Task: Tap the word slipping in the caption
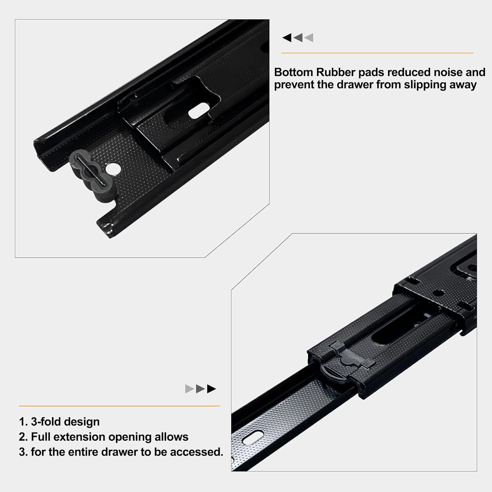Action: coord(425,85)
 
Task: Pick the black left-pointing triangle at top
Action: coord(287,38)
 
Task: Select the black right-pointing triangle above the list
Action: coord(212,389)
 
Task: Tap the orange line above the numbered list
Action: coord(119,406)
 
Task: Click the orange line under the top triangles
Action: coord(377,53)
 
